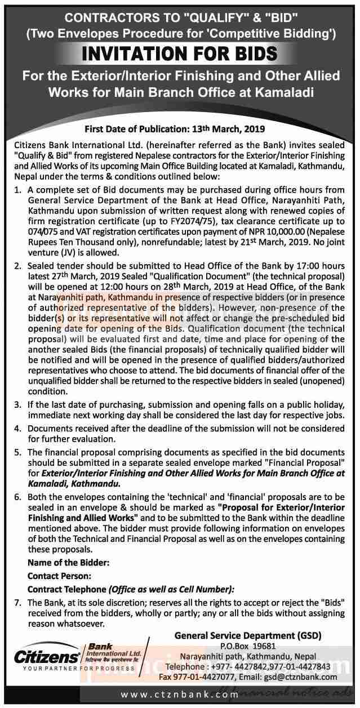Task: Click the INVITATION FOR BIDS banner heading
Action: click(180, 55)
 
